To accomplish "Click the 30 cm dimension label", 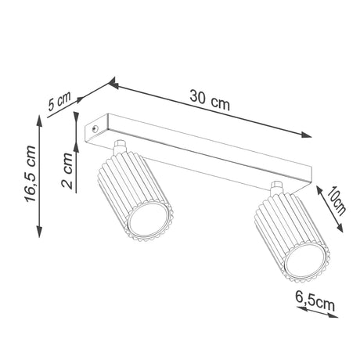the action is point(210,100).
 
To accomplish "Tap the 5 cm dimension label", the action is point(59,101).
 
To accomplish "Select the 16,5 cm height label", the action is point(31,174).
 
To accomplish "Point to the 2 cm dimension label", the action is point(67,171).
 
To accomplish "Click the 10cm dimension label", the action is point(337,201).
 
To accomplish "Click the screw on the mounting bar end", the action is point(95,128).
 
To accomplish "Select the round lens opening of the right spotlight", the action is point(305,261).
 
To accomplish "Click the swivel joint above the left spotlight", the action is point(120,146).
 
